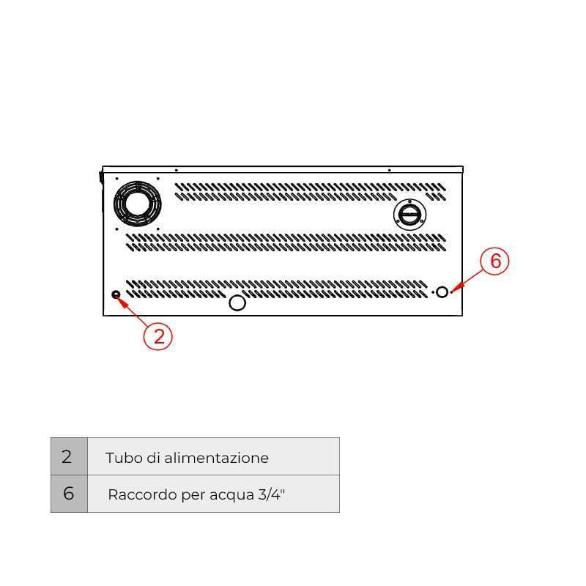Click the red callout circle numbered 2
(x=157, y=336)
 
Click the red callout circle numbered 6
(x=494, y=261)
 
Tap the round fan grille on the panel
(x=138, y=204)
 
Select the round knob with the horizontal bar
(x=409, y=215)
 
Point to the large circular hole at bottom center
(x=237, y=303)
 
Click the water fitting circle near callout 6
(x=442, y=292)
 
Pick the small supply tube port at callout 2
(x=116, y=294)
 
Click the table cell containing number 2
(x=69, y=456)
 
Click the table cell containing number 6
(x=69, y=494)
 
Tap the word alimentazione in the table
(x=216, y=458)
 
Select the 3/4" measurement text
(x=272, y=494)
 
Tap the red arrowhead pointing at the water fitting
(x=457, y=288)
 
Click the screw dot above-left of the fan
(x=116, y=179)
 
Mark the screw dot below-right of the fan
(x=158, y=229)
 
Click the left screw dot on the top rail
(x=177, y=170)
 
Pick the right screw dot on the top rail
(x=390, y=170)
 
